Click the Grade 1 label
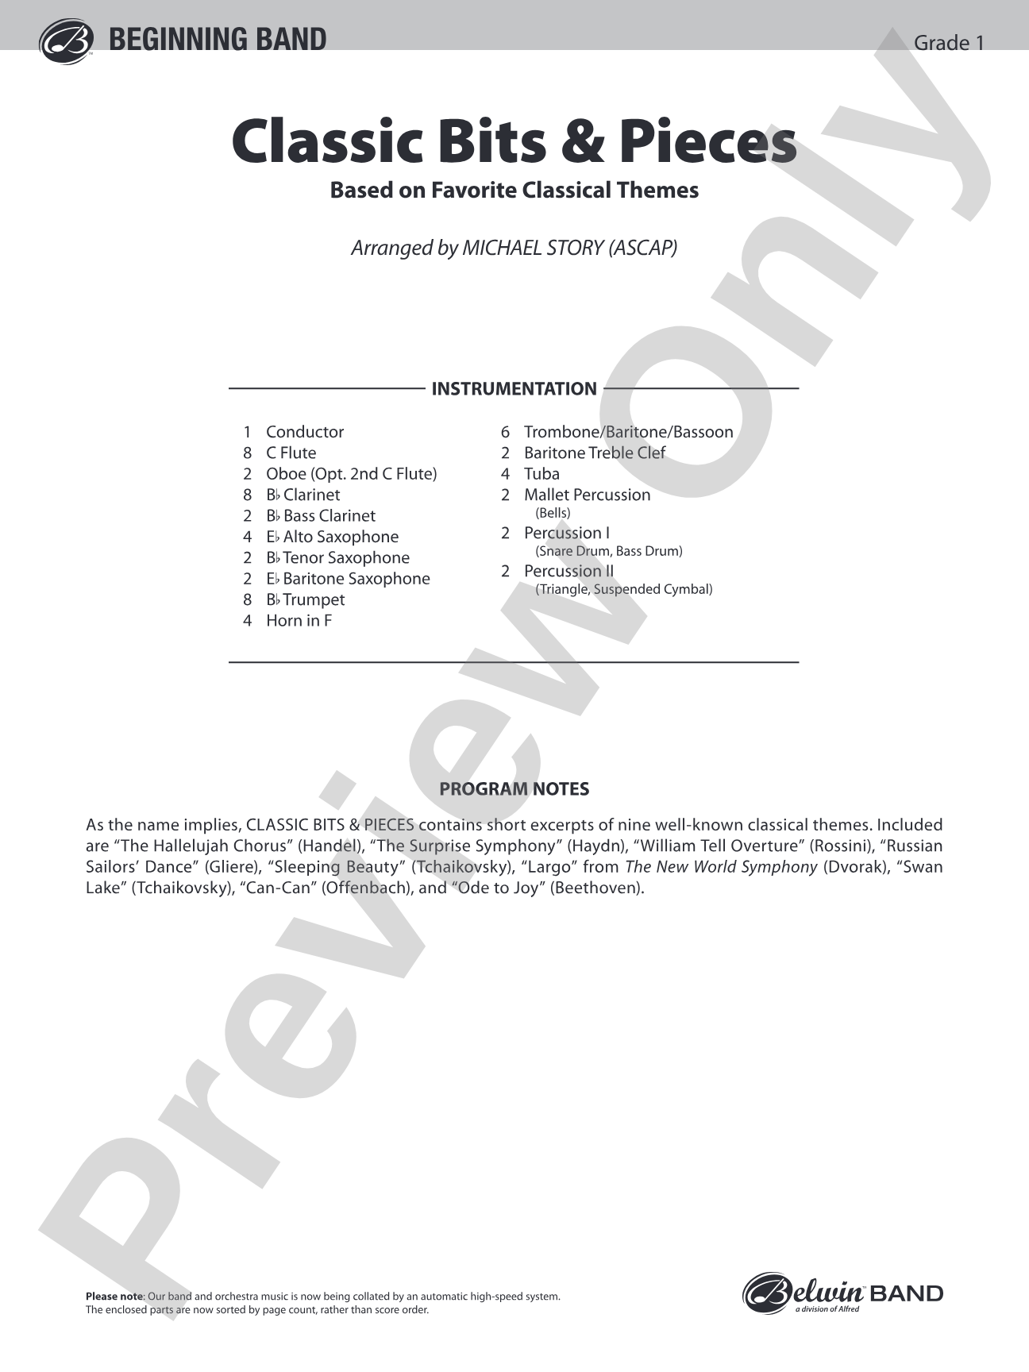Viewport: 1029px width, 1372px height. point(949,43)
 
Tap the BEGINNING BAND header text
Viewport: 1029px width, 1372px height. point(217,40)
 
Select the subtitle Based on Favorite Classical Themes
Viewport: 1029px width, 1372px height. point(514,191)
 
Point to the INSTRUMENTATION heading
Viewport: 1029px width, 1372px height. point(514,389)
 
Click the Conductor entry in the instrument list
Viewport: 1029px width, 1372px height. point(305,432)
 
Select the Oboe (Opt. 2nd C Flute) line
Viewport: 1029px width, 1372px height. point(351,474)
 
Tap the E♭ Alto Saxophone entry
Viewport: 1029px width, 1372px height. point(332,537)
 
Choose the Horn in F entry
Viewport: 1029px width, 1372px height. point(299,621)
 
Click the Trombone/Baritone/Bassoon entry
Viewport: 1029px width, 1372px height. point(628,432)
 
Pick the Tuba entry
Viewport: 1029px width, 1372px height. point(541,474)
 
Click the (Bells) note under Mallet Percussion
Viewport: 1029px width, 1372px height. point(553,513)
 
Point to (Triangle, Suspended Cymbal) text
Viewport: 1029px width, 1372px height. point(623,589)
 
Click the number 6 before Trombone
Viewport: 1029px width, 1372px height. point(505,432)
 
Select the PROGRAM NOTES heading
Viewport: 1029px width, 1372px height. point(514,789)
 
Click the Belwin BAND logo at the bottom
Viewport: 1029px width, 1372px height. point(842,1293)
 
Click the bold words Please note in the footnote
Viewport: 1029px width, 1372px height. point(114,1297)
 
